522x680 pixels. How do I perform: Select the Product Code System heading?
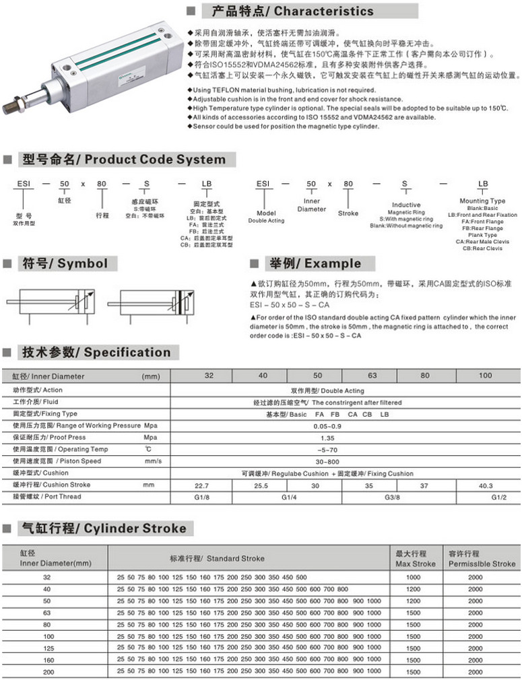coord(124,160)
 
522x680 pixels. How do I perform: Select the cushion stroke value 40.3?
coord(485,485)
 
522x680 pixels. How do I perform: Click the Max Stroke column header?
coord(415,559)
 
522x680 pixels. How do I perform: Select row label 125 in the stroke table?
coord(46,648)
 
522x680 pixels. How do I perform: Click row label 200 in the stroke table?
coord(46,671)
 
